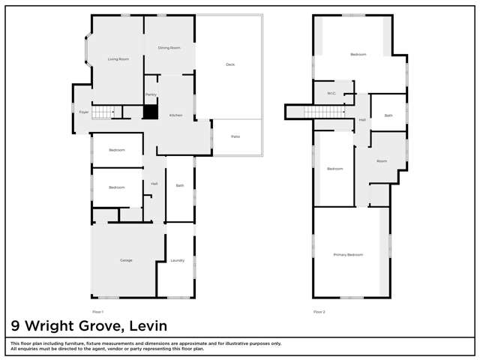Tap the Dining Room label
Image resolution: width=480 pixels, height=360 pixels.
pyautogui.click(x=169, y=48)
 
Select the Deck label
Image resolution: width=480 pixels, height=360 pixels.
pyautogui.click(x=230, y=64)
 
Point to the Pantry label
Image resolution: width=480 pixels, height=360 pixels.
pyautogui.click(x=151, y=95)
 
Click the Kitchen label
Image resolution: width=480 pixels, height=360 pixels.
pyautogui.click(x=175, y=115)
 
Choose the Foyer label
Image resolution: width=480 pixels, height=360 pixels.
pyautogui.click(x=83, y=112)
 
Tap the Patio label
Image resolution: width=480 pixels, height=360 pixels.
pyautogui.click(x=235, y=136)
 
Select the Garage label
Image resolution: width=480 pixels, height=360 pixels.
pyautogui.click(x=126, y=260)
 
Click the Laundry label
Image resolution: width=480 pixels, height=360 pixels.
pyautogui.click(x=178, y=260)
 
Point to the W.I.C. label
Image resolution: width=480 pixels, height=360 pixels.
pyautogui.click(x=331, y=94)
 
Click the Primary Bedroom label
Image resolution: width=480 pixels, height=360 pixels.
pyautogui.click(x=348, y=255)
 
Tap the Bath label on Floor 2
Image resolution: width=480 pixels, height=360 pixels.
pyautogui.click(x=388, y=115)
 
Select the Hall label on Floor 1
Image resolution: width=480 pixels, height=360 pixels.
pyautogui.click(x=154, y=184)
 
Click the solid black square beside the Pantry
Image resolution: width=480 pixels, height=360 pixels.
pyautogui.click(x=151, y=112)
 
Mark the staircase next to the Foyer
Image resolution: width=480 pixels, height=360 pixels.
pyautogui.click(x=102, y=112)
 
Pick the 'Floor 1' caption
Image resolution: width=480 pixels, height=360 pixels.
pyautogui.click(x=97, y=311)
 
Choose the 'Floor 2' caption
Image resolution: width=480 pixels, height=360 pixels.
pyautogui.click(x=319, y=311)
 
